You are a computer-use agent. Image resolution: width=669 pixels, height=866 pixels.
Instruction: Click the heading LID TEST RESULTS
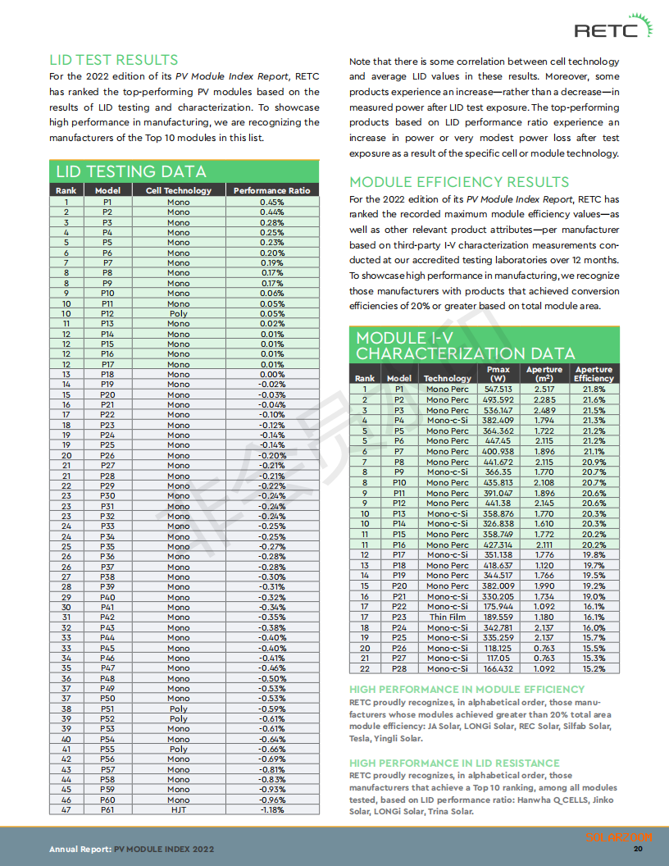click(x=113, y=60)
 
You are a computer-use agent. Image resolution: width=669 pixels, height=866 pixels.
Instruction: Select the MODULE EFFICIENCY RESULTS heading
click(x=458, y=181)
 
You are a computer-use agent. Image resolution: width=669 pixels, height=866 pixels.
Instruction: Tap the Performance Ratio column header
click(x=271, y=190)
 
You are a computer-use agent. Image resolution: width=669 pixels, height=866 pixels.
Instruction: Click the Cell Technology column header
click(x=178, y=190)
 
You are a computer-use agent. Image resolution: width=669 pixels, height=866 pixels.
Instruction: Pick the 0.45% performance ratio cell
click(x=271, y=202)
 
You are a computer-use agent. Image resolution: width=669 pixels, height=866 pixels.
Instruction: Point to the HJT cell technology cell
click(x=178, y=809)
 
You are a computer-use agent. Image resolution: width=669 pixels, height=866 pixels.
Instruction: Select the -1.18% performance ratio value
click(x=271, y=809)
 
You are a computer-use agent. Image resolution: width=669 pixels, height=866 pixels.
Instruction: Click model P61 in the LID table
click(x=107, y=809)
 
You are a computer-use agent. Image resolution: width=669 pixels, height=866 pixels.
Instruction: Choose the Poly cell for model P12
click(x=178, y=313)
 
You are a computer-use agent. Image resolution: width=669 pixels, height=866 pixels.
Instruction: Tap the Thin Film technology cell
click(x=448, y=617)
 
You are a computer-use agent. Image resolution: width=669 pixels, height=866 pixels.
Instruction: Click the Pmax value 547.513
click(x=498, y=390)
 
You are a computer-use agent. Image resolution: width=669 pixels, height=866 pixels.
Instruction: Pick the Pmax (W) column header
click(x=498, y=374)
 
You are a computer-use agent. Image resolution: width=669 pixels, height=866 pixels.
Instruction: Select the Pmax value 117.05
click(x=498, y=658)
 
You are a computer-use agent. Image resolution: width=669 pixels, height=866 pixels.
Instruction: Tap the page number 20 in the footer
click(x=637, y=849)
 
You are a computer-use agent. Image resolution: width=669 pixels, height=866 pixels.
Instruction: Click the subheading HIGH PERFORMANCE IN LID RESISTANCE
click(x=454, y=763)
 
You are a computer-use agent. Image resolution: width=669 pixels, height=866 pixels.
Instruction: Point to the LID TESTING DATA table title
click(x=130, y=171)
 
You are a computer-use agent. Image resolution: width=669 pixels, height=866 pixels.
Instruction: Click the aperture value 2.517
click(x=544, y=390)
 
